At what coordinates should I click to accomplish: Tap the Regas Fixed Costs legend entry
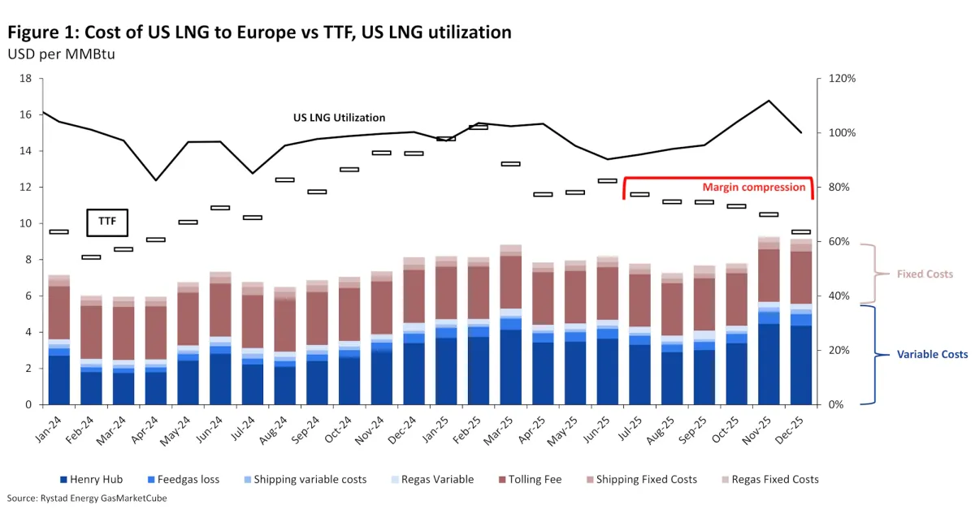[769, 480]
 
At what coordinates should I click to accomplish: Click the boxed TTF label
[108, 221]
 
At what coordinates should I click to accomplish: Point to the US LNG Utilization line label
[339, 118]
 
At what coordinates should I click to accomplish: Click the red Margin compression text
[754, 187]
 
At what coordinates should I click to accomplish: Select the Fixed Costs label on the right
[925, 274]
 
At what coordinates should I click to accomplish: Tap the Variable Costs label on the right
[932, 355]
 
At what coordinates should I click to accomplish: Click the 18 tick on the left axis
[26, 79]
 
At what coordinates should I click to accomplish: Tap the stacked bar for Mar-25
[510, 325]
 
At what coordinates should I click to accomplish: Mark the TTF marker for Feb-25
[479, 127]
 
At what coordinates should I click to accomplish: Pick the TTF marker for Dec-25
[801, 232]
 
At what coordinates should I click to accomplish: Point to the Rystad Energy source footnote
[87, 499]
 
